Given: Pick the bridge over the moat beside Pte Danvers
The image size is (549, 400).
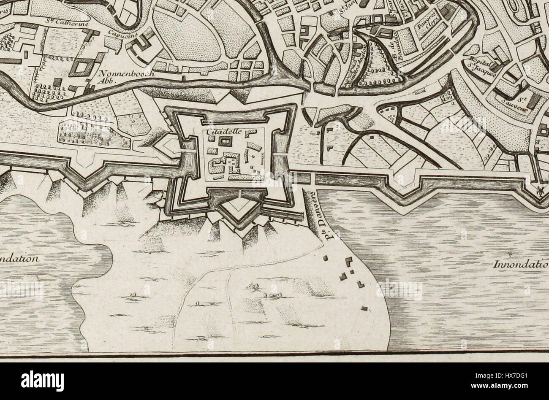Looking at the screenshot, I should point(312,178).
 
